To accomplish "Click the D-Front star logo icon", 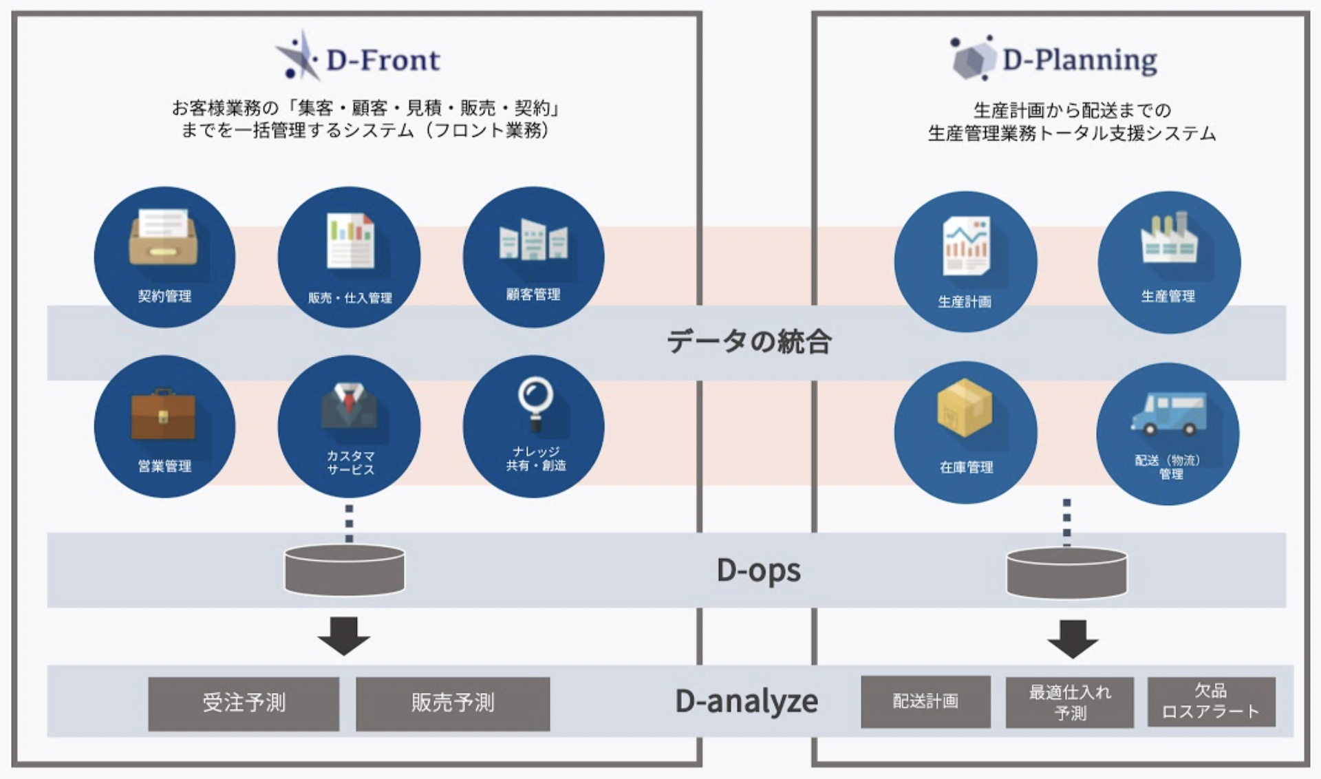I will (x=297, y=56).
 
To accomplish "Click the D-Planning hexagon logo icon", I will (x=973, y=58).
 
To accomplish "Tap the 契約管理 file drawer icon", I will (x=163, y=238).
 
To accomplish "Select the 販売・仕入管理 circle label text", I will (x=350, y=298).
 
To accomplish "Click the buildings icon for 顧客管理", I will (x=533, y=240).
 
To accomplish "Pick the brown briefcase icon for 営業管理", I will (x=163, y=414).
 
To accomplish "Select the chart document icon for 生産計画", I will (x=966, y=246).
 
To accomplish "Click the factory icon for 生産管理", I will (x=1169, y=239).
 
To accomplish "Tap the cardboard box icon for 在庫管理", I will (x=965, y=408).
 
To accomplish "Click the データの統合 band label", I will (x=749, y=341).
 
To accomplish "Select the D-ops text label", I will (x=758, y=570).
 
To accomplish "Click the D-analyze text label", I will (x=747, y=701).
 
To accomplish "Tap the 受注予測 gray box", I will (x=244, y=703).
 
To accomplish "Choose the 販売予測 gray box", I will (x=453, y=703).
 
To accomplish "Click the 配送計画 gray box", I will (x=925, y=701).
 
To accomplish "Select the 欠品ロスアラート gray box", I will (x=1211, y=701).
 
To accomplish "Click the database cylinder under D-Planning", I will (x=1066, y=573).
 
